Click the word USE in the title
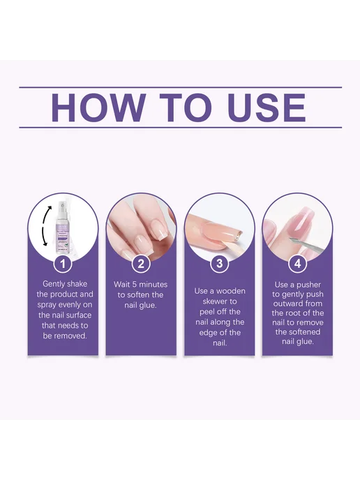[x=267, y=107]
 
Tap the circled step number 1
[x=63, y=264]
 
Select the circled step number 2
[x=141, y=264]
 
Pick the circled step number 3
[x=220, y=264]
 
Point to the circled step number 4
[x=297, y=264]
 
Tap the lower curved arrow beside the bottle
[x=45, y=237]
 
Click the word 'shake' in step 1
[x=77, y=284]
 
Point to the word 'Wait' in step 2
[x=121, y=285]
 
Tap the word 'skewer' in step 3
[x=220, y=301]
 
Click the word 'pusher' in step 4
[x=308, y=285]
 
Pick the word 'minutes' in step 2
[x=153, y=285]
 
